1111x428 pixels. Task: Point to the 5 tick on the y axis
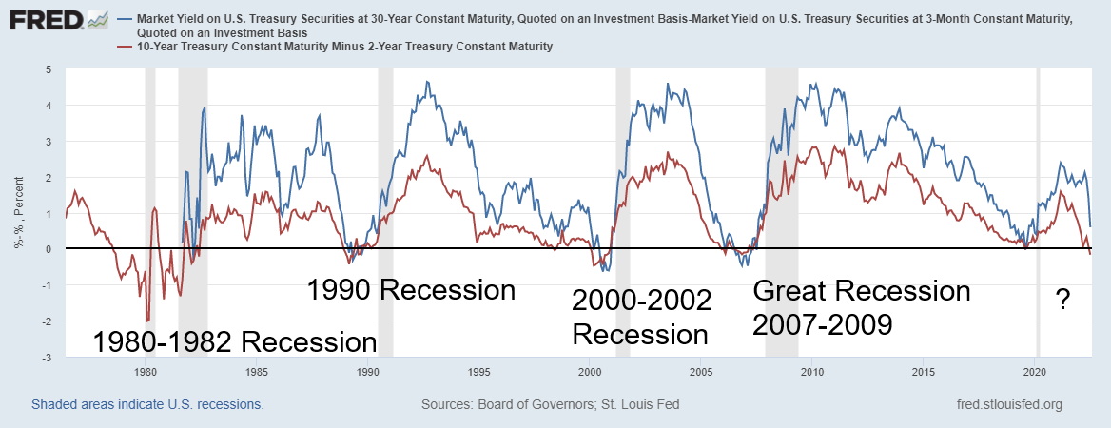pyautogui.click(x=49, y=69)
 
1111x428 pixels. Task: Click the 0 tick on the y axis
pyautogui.click(x=49, y=249)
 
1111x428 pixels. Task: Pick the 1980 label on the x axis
pyautogui.click(x=146, y=371)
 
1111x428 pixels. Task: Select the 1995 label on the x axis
pyautogui.click(x=478, y=371)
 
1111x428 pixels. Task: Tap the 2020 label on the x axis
pyautogui.click(x=1035, y=371)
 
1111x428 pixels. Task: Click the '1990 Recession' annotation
pyautogui.click(x=410, y=290)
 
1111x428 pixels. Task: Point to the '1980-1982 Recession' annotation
pyautogui.click(x=234, y=341)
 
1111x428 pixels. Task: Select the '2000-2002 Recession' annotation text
pyautogui.click(x=640, y=318)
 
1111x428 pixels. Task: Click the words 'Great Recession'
pyautogui.click(x=861, y=290)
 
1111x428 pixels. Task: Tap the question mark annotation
pyautogui.click(x=1063, y=302)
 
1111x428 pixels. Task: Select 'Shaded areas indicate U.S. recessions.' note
pyautogui.click(x=147, y=404)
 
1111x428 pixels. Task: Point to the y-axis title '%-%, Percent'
pyautogui.click(x=19, y=214)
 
